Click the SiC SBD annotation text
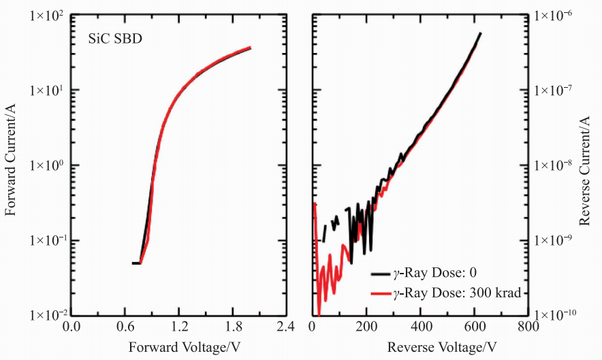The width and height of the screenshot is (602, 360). (x=114, y=38)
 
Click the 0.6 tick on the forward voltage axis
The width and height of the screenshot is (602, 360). (x=125, y=327)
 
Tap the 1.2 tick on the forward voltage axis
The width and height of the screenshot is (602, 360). (x=179, y=327)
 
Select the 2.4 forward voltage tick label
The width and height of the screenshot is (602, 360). (x=286, y=327)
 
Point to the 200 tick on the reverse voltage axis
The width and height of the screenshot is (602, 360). (x=366, y=327)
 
